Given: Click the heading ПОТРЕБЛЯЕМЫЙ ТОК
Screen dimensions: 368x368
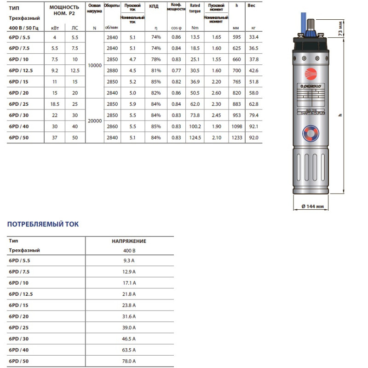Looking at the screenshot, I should (x=43, y=224).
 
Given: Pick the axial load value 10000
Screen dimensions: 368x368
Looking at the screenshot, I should (x=94, y=66).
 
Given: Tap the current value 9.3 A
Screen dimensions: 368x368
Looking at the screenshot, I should (x=129, y=260).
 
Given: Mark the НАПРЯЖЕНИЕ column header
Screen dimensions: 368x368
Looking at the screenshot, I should (x=129, y=241).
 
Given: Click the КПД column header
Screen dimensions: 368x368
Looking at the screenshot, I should (x=154, y=6).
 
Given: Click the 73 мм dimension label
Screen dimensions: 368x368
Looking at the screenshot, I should (x=353, y=29).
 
